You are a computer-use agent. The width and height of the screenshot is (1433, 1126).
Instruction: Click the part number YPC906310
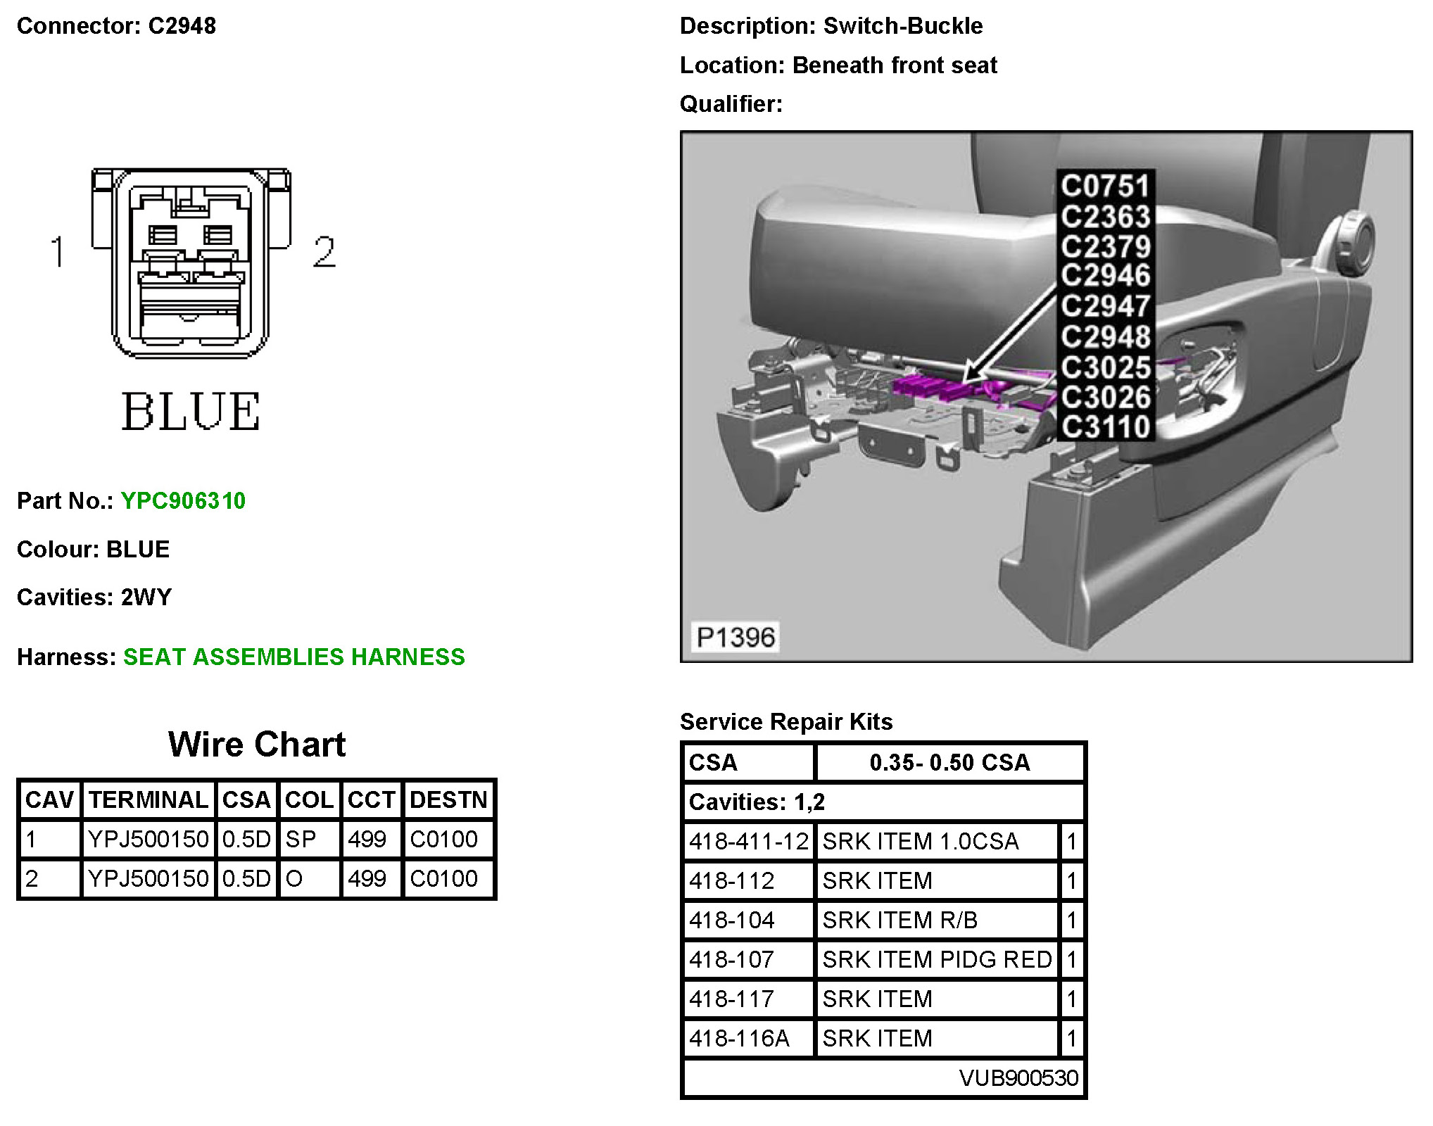click(x=183, y=500)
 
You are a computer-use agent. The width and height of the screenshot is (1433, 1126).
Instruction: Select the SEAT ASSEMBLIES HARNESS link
click(x=293, y=657)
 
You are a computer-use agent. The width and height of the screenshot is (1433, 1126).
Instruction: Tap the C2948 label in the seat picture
click(x=1105, y=336)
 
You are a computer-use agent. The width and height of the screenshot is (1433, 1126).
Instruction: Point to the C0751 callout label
click(x=1105, y=186)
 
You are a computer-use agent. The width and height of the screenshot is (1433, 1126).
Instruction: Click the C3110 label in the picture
click(x=1105, y=426)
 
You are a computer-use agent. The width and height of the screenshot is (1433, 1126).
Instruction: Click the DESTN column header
click(x=448, y=799)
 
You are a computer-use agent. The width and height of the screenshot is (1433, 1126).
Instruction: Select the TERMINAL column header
click(x=148, y=799)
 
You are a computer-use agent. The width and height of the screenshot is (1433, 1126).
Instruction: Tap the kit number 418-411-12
click(x=749, y=841)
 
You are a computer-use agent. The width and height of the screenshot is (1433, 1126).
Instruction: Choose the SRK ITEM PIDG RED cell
click(x=937, y=959)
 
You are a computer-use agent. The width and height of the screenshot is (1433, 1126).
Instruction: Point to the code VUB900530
click(x=1018, y=1077)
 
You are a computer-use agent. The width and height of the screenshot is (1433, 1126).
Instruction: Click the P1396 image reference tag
click(x=736, y=637)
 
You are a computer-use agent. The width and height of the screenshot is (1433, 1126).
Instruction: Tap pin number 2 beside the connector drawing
click(x=324, y=252)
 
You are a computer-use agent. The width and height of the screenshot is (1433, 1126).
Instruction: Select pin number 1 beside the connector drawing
click(x=58, y=252)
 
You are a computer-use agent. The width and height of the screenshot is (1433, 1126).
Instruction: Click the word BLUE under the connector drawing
click(x=191, y=412)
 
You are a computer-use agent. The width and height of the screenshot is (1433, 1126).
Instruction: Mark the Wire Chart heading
click(x=257, y=745)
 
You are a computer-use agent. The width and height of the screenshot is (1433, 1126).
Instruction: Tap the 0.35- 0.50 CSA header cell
click(x=949, y=762)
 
